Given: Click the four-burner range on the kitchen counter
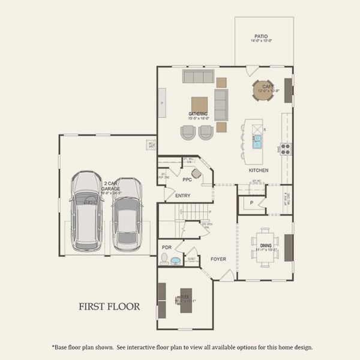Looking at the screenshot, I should [x=286, y=148].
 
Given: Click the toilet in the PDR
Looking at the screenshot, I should [x=164, y=259].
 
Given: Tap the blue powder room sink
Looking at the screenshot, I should [x=176, y=262].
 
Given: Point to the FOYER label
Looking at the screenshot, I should [x=218, y=259].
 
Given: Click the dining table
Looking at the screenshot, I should [x=265, y=245].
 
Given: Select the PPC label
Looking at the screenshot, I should [x=187, y=179].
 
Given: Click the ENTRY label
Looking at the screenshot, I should [x=183, y=196].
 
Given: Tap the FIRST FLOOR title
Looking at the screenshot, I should [x=110, y=307].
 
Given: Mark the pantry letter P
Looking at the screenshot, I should [x=251, y=203].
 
